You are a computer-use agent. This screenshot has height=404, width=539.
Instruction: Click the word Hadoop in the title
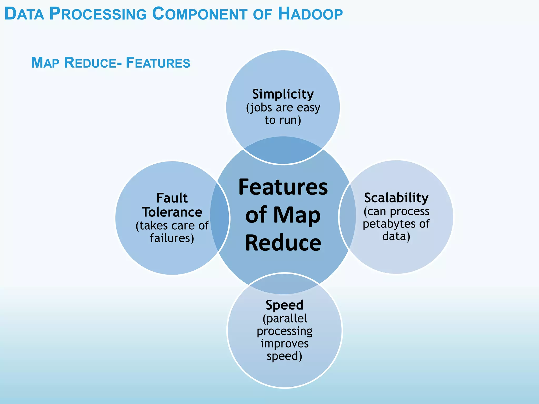[310, 14]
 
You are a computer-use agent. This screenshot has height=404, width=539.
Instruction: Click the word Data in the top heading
[24, 14]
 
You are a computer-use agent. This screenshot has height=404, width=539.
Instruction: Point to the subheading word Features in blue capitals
[158, 63]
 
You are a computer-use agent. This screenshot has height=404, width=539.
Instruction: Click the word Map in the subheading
[45, 63]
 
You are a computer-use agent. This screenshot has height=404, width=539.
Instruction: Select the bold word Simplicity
[283, 94]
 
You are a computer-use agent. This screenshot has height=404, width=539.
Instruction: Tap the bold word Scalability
[396, 198]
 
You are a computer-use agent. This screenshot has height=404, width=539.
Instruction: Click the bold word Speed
[285, 305]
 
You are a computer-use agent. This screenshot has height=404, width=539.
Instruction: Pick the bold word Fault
[172, 198]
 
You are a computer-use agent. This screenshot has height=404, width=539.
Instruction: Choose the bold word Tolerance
[172, 212]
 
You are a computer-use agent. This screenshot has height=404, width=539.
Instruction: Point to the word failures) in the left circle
[172, 238]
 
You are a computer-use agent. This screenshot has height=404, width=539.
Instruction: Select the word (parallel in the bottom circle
[285, 319]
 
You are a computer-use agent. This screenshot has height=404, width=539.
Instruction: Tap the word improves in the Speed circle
[285, 344]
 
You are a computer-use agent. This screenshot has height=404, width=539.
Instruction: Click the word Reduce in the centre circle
[283, 243]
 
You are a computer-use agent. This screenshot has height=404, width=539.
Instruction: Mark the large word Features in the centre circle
[283, 187]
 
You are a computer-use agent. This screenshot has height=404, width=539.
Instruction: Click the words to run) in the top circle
[283, 120]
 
